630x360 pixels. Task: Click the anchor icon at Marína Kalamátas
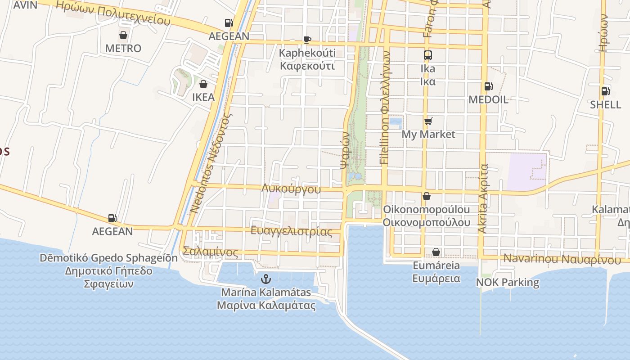[x=266, y=279]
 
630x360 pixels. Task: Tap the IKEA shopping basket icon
[x=203, y=84]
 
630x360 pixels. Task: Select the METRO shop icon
[x=123, y=35]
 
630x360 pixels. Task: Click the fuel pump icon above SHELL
[x=606, y=91]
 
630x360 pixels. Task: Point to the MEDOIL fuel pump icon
[x=488, y=86]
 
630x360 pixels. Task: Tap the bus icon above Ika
[x=427, y=55]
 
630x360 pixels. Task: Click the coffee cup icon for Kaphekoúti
[x=307, y=40]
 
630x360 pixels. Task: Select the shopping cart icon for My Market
[x=428, y=121]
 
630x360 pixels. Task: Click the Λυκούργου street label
[x=291, y=189]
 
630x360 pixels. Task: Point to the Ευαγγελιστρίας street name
[x=291, y=231]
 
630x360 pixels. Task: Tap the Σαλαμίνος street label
[x=211, y=252]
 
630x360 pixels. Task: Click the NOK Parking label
[x=508, y=283]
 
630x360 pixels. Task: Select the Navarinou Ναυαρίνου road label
[x=562, y=259]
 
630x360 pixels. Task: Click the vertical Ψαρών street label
[x=345, y=150]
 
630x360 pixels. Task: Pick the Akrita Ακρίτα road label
[x=483, y=198]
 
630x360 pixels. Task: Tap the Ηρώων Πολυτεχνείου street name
[x=112, y=12]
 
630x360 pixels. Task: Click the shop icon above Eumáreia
[x=436, y=252]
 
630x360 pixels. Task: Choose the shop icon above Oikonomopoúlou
[x=426, y=197]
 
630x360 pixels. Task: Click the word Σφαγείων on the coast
[x=108, y=284]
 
